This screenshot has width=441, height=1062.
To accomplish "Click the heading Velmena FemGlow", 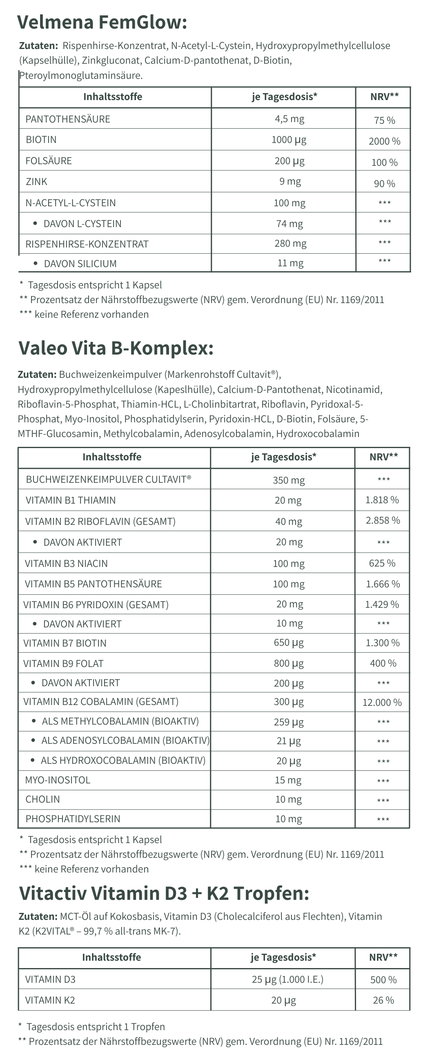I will coord(102,22).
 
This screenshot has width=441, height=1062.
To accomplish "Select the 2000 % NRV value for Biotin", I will coord(384,141).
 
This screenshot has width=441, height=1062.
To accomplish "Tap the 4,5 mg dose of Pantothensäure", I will coord(290,119).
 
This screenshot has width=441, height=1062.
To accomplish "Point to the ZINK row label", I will coord(36,181).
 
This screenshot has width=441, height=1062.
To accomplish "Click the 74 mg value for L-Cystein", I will coord(290,223).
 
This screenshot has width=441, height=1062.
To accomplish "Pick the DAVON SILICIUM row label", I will coord(80,263).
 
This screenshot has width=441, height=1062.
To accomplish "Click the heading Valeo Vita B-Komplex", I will coord(116,348).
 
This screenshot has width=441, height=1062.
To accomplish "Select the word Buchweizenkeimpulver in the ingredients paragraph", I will coord(111,374).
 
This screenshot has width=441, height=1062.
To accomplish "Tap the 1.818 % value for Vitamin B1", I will coord(382,500).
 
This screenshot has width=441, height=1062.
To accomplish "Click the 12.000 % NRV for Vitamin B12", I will coord(382,702).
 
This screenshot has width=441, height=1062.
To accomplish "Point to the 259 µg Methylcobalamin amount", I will coord(289,721).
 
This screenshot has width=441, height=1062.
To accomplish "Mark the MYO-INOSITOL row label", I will coord(57,780).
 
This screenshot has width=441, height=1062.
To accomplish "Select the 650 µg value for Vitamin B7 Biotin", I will coord(289,643).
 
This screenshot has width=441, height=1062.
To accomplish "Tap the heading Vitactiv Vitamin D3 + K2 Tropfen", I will coord(164,892).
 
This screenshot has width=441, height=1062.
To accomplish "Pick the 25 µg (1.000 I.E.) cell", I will coord(287,979).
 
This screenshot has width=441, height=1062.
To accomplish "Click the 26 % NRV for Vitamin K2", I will coord(383,1000).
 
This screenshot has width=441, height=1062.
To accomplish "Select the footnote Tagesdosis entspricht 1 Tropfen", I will coord(95,1026).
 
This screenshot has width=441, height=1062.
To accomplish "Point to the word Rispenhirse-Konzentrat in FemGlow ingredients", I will coord(115,45).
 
